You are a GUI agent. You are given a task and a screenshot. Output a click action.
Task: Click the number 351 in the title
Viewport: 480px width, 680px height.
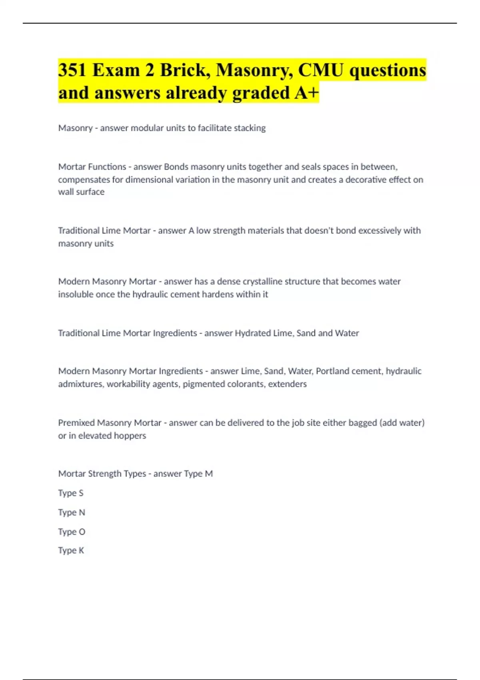72,70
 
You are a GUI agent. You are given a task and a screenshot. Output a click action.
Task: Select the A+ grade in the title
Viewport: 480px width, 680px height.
307,93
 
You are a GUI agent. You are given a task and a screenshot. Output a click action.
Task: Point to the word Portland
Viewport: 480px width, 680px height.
334,371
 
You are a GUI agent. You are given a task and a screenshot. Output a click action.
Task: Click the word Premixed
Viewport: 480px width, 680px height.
76,423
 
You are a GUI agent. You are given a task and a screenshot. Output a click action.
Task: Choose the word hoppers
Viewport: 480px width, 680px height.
131,436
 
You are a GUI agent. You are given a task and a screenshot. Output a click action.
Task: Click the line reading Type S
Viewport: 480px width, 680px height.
71,493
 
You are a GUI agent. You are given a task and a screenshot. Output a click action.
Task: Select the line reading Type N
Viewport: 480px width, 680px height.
72,512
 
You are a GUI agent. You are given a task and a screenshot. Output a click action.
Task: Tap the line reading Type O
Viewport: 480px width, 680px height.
72,532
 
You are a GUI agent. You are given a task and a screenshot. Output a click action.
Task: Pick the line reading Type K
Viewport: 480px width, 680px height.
71,550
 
